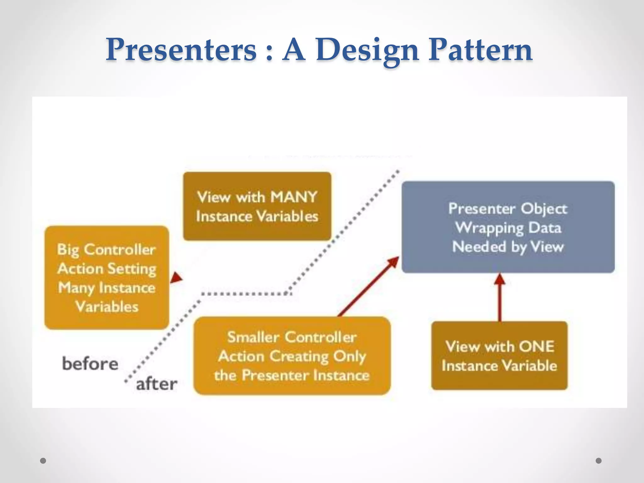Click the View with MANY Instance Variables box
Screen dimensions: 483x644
coord(257,206)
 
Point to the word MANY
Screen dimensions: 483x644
coord(294,197)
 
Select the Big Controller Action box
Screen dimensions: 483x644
coord(107,277)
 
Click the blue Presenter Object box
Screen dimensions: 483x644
coord(508,227)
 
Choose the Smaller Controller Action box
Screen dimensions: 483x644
coord(292,356)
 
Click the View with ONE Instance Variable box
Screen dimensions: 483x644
coord(499,356)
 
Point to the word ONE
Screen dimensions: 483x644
coord(536,347)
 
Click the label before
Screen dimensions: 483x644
coord(90,364)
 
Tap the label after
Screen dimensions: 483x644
coord(157,384)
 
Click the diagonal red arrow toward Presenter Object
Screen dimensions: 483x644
coord(368,287)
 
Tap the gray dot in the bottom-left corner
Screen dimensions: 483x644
coord(43,461)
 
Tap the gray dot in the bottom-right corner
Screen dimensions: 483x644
coord(599,461)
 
